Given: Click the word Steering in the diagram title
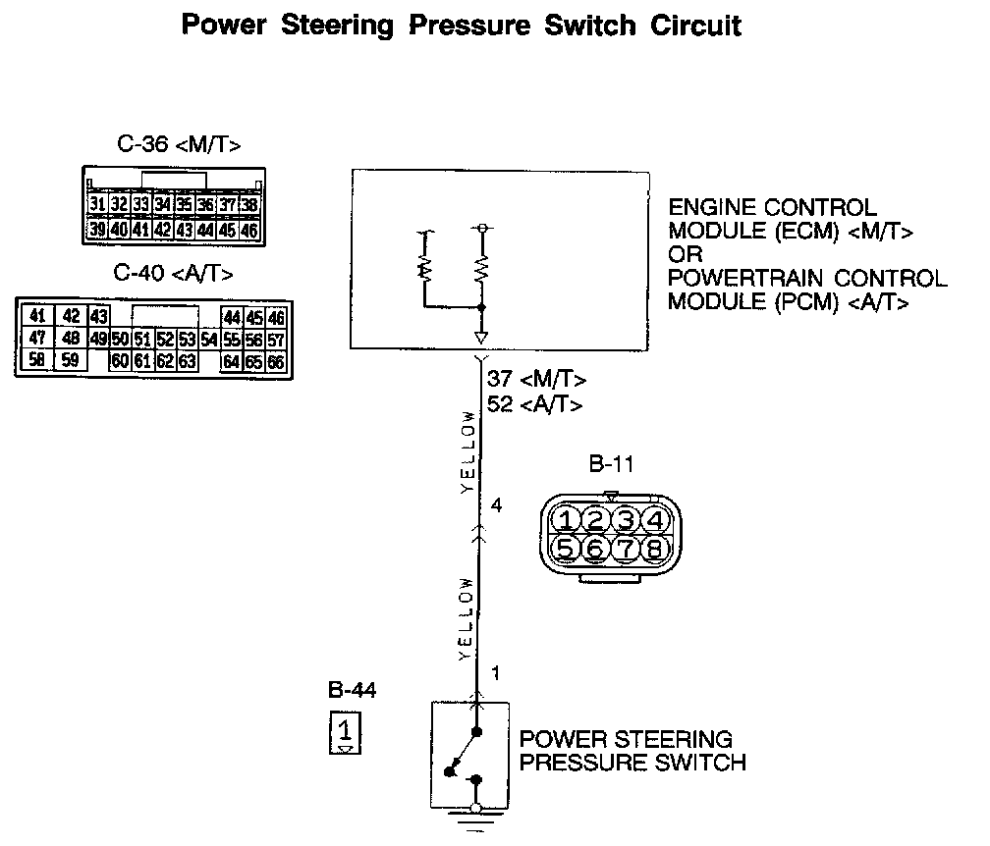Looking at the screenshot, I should coord(336,26).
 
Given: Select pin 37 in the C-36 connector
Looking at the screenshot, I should coord(228,205).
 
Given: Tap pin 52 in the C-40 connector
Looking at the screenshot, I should coord(164,340).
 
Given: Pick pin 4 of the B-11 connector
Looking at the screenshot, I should coord(657,518).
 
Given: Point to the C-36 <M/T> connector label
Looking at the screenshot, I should coord(179,145).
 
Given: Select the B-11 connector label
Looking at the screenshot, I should coord(609,466).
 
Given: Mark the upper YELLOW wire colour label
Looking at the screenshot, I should coord(469,451).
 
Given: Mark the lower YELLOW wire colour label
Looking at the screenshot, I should coord(469,618).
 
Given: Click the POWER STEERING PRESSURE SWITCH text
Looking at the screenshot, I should coord(632,751).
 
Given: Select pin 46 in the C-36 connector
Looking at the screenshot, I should coord(249,230).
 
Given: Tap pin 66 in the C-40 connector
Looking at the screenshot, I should coord(276,362).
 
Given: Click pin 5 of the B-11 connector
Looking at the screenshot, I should coord(565,548).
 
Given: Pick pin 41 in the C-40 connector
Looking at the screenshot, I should coord(37,316).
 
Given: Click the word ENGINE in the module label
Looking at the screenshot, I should coord(708,208).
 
